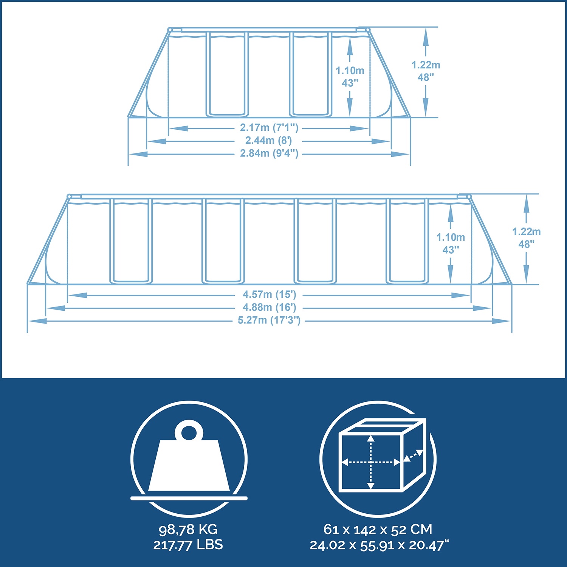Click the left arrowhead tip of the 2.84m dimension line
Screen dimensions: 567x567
tap(129, 154)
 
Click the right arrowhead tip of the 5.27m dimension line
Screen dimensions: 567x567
tap(511, 321)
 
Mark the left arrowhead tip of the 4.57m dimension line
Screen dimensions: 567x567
tap(68, 295)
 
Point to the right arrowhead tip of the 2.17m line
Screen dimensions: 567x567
tap(369, 129)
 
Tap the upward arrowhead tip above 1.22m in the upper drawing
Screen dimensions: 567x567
tap(426, 28)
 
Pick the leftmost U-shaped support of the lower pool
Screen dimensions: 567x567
tap(131, 241)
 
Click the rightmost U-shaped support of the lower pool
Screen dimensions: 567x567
tap(407, 241)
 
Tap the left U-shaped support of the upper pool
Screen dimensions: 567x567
tap(227, 74)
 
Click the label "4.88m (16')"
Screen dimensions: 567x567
tap(270, 307)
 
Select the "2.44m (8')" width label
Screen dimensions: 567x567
tap(269, 141)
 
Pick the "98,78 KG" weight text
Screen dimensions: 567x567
tap(188, 530)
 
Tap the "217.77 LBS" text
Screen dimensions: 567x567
tap(188, 545)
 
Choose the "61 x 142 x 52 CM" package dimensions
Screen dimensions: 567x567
tap(378, 530)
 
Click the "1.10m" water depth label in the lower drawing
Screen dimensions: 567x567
tap(451, 237)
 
